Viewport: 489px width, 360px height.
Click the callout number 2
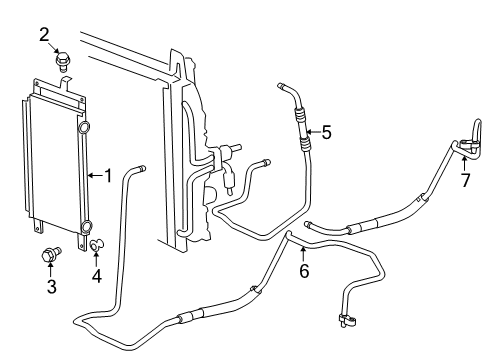(x=44, y=36)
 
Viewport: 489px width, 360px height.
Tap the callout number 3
(x=51, y=288)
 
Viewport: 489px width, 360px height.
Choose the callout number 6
(x=303, y=271)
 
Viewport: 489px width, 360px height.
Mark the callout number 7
(x=465, y=181)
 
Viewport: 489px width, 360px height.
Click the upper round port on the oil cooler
(x=84, y=128)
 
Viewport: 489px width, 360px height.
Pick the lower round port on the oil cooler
(x=86, y=225)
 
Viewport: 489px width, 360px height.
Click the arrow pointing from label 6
(x=303, y=252)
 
